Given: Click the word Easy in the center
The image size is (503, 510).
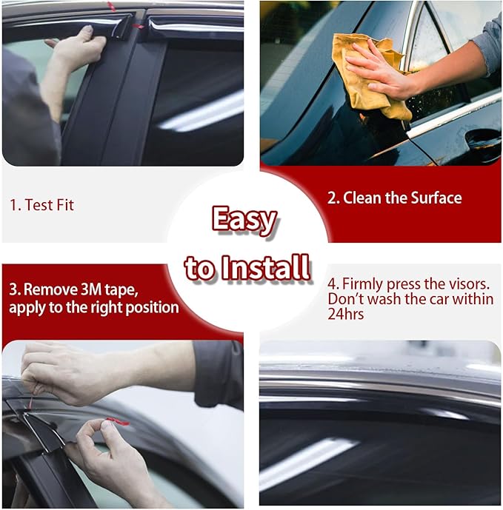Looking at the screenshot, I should [x=244, y=221].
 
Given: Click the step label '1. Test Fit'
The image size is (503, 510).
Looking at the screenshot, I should [x=41, y=205].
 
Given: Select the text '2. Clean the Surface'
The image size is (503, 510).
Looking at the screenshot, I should [x=394, y=198].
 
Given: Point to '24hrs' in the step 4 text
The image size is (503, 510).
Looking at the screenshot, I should [x=345, y=313].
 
